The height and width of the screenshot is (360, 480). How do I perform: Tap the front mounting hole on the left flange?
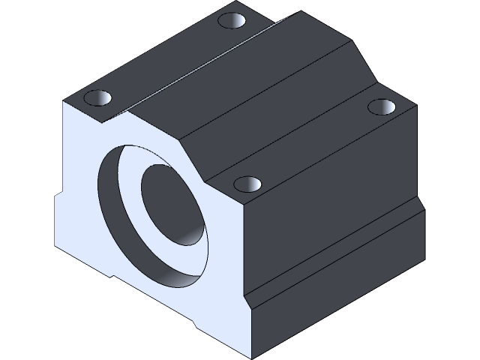click(97, 97)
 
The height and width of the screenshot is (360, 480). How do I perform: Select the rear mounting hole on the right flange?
click(382, 106)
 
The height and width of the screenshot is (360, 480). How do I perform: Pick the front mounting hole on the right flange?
click(247, 184)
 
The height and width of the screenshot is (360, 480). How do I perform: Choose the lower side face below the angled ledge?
click(330, 300)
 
